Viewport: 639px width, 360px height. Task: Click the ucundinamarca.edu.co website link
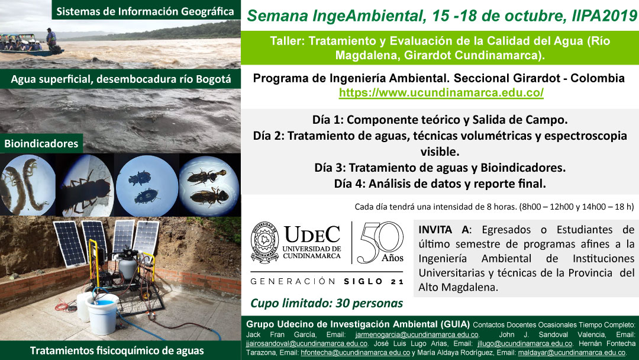pyautogui.click(x=441, y=92)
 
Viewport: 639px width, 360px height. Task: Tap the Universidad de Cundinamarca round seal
pyautogui.click(x=264, y=243)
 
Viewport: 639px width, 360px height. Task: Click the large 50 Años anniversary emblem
pyautogui.click(x=380, y=242)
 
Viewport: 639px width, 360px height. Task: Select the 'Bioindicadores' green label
pyautogui.click(x=41, y=143)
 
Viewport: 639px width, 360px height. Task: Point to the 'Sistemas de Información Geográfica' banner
pyautogui.click(x=146, y=11)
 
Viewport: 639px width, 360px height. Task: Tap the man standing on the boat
pyautogui.click(x=51, y=39)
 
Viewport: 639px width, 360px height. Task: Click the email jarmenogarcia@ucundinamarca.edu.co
pyautogui.click(x=417, y=335)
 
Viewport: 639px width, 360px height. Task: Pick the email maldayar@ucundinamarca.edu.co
pyautogui.click(x=572, y=353)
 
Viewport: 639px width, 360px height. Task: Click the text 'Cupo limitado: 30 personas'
pyautogui.click(x=327, y=303)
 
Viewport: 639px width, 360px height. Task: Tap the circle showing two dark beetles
pyautogui.click(x=146, y=185)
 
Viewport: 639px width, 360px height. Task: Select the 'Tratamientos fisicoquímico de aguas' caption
pyautogui.click(x=117, y=351)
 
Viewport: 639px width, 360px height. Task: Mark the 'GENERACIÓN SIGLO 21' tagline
pyautogui.click(x=327, y=281)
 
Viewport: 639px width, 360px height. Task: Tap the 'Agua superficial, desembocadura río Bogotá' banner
pyautogui.click(x=121, y=79)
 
